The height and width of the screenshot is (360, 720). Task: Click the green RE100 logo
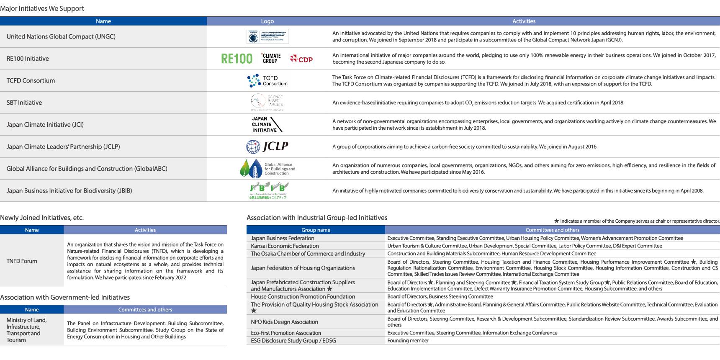click(x=237, y=59)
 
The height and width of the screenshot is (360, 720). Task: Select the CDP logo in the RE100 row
click(x=301, y=59)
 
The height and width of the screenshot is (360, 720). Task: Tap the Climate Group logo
click(x=271, y=58)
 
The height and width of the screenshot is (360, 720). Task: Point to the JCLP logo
click(x=267, y=146)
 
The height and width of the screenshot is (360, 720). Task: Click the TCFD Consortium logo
click(x=267, y=80)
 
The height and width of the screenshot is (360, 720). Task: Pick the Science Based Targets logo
click(x=267, y=102)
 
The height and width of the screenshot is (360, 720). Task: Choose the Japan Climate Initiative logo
click(x=267, y=124)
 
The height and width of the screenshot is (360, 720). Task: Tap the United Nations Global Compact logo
click(x=267, y=36)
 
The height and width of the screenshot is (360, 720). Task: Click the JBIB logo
click(x=268, y=190)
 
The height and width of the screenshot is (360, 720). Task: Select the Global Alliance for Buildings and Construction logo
click(x=267, y=168)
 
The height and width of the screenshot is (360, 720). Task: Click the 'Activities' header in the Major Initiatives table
click(x=524, y=21)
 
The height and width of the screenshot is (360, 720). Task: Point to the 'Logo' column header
click(x=267, y=21)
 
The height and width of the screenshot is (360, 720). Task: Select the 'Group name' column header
click(x=316, y=230)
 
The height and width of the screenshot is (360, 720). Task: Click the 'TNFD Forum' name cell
click(x=22, y=261)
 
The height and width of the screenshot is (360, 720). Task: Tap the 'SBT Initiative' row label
click(x=24, y=103)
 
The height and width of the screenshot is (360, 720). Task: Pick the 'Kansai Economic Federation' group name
click(x=285, y=246)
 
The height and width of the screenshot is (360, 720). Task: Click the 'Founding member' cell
click(x=408, y=341)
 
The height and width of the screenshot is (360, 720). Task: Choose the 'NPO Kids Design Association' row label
click(x=284, y=322)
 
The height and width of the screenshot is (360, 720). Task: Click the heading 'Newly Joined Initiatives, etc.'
click(x=42, y=218)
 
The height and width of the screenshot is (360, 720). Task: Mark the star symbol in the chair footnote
click(x=556, y=221)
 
